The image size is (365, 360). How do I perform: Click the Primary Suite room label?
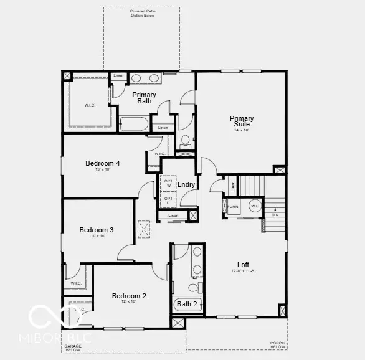pyautogui.click(x=242, y=121)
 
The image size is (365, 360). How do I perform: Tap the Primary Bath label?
pyautogui.click(x=144, y=98)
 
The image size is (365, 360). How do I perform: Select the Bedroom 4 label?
pyautogui.click(x=103, y=163)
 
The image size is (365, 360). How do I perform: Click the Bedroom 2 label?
pyautogui.click(x=129, y=296)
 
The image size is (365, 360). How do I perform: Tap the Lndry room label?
pyautogui.click(x=186, y=185)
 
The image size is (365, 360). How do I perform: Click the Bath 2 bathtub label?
pyautogui.click(x=186, y=305)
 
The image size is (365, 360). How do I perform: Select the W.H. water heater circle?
pyautogui.click(x=254, y=206)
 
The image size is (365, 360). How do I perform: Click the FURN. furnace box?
pyautogui.click(x=233, y=206)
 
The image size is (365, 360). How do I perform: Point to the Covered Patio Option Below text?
pyautogui.click(x=141, y=13)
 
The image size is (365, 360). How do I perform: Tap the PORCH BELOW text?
pyautogui.click(x=277, y=345)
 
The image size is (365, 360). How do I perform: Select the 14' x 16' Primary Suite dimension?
pyautogui.click(x=242, y=130)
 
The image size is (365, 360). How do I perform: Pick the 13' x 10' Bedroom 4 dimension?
pyautogui.click(x=103, y=170)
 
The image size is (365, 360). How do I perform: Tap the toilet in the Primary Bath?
pyautogui.click(x=185, y=141)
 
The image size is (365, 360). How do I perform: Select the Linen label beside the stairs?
pyautogui.click(x=233, y=186)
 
